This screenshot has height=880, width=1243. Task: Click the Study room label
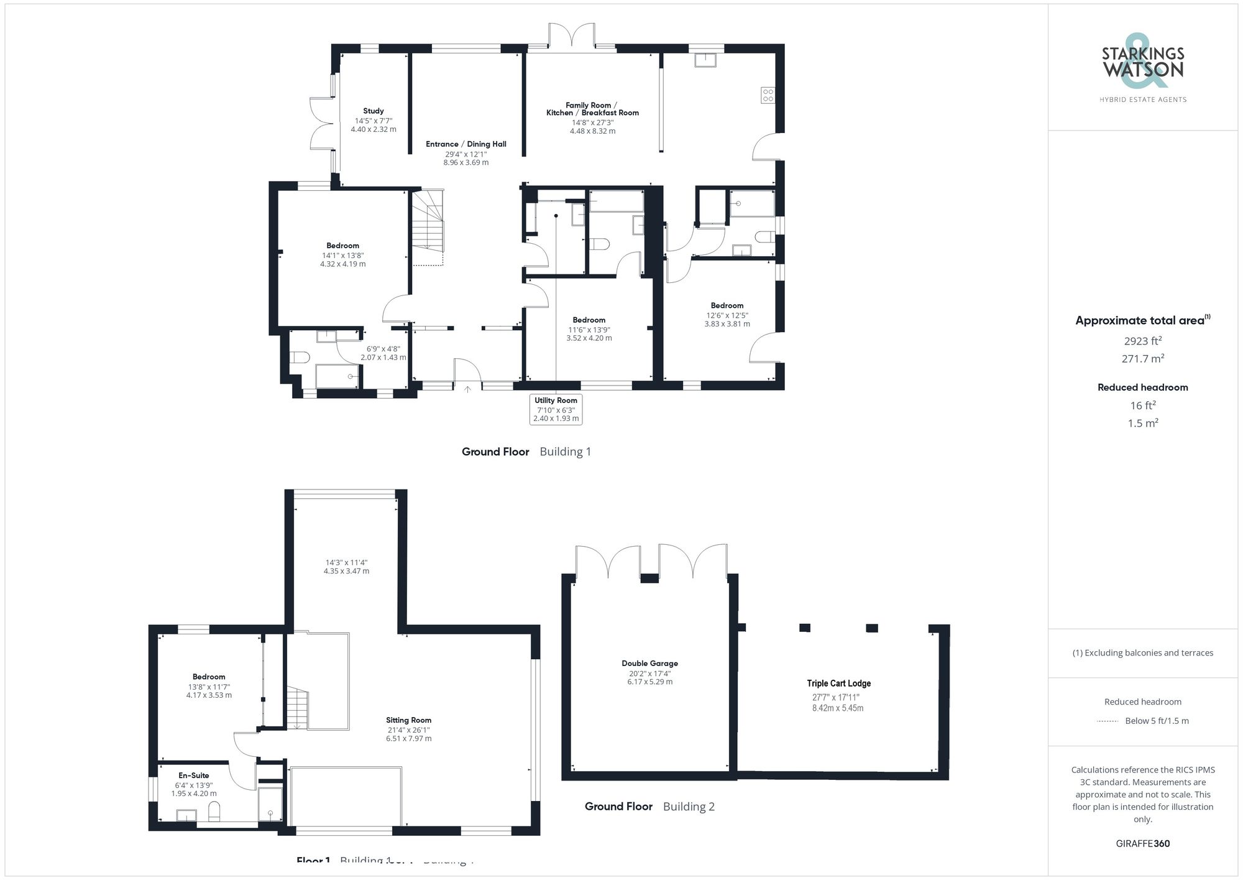coord(373,111)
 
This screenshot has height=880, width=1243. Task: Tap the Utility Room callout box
coord(556,409)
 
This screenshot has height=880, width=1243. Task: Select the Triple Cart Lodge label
coord(838,683)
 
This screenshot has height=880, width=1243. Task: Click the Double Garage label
coord(649,664)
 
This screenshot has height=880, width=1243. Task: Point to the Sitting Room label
coord(408,720)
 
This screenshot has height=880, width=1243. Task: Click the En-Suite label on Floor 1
coord(194,776)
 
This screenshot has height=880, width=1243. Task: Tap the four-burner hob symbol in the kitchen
coord(768,95)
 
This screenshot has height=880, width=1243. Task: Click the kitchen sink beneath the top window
coord(705,60)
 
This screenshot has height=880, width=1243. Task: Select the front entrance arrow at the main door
coord(467,389)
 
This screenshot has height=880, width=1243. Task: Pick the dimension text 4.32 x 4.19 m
coord(342,264)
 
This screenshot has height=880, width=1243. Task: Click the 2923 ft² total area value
coord(1142,341)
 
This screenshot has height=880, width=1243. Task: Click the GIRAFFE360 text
coord(1142,843)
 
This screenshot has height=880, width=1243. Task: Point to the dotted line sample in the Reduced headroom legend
coord(1108,721)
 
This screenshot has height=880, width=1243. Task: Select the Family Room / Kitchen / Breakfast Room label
coord(592,109)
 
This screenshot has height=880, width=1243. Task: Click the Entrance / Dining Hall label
coord(466,144)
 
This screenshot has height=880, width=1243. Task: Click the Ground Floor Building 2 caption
coord(649,807)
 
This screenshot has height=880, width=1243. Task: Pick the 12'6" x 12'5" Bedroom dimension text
coord(727,315)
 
